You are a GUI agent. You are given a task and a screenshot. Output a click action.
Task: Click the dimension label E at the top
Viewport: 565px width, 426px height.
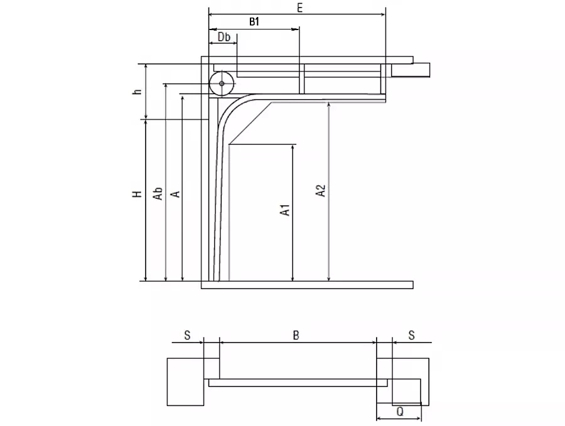[300, 8]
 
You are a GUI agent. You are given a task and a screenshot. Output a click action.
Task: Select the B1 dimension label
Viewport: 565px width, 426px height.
[254, 21]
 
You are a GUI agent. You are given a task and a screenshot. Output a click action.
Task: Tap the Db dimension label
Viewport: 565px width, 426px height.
[223, 37]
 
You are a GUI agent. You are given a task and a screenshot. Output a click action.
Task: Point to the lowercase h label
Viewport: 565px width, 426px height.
[137, 92]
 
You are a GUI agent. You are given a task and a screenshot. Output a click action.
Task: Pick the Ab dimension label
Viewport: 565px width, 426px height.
[158, 193]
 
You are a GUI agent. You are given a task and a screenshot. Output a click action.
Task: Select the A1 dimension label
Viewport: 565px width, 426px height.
[285, 210]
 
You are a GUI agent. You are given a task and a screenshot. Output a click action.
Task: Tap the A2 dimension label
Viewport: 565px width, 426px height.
[320, 191]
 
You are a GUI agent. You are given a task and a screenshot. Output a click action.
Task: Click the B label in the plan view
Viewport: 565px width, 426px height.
[296, 335]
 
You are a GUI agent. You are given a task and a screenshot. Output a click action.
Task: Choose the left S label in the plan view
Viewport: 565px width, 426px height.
[187, 335]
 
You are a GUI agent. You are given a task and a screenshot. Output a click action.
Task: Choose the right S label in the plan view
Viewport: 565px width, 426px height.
[411, 335]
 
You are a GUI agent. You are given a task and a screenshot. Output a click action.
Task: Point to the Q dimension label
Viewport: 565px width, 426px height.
[400, 411]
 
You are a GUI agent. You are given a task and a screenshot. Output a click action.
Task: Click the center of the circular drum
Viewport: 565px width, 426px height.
[222, 83]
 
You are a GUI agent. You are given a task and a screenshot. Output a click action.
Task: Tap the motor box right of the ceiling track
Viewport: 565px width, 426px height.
[411, 70]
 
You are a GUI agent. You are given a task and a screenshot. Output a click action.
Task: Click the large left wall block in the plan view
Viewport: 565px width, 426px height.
[186, 381]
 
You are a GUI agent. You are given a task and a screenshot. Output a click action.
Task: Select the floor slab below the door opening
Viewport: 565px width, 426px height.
[307, 285]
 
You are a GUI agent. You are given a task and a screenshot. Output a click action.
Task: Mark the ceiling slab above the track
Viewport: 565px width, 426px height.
[307, 60]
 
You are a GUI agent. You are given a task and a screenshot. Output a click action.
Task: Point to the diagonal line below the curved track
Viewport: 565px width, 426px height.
[250, 124]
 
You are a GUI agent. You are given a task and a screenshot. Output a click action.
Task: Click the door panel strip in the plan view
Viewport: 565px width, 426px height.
[298, 383]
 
